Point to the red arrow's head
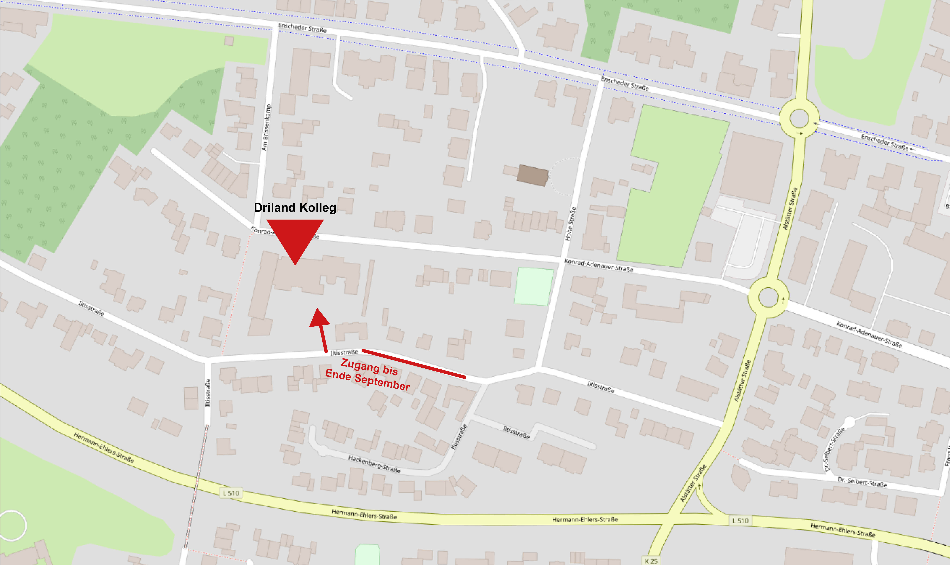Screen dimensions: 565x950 tap(318, 318)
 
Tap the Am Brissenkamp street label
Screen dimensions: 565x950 tap(267, 128)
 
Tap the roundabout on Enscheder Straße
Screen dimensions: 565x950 tap(799, 118)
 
